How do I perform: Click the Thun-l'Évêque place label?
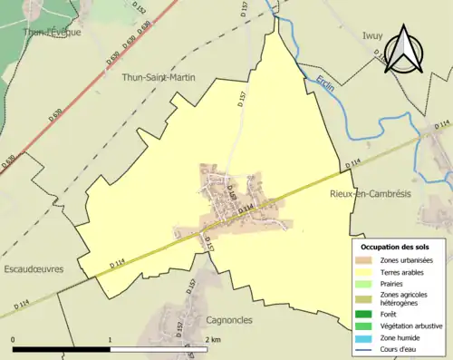pyautogui.click(x=53, y=32)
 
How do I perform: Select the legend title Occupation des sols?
pyautogui.click(x=395, y=246)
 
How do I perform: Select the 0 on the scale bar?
pyautogui.click(x=14, y=340)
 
